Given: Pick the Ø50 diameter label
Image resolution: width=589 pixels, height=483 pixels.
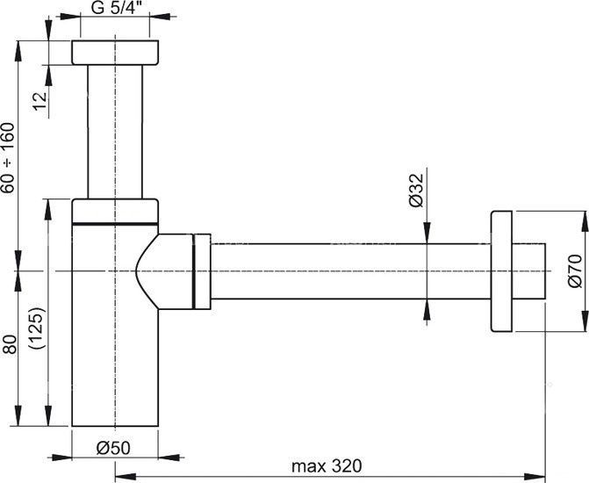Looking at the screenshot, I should point(113,446).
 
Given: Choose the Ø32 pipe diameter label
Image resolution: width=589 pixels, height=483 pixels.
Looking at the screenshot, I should point(417,188).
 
